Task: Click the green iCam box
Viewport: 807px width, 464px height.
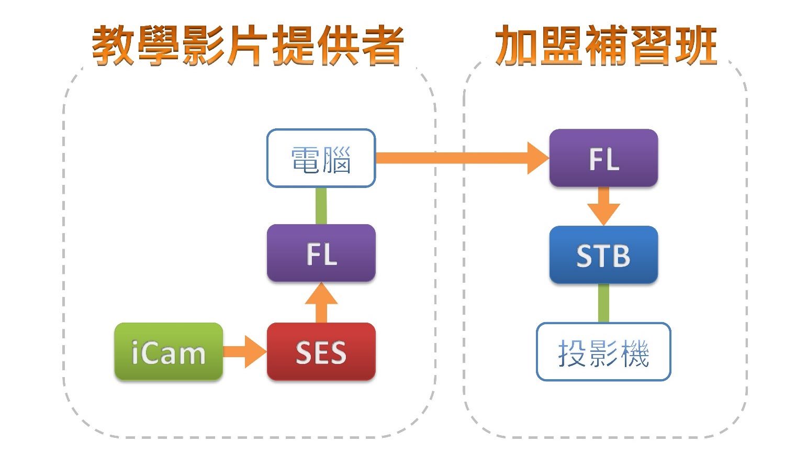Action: pyautogui.click(x=169, y=351)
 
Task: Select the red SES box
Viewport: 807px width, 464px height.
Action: pyautogui.click(x=321, y=351)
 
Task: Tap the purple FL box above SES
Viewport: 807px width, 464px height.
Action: pyautogui.click(x=321, y=253)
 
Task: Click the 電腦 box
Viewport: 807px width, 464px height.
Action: pyautogui.click(x=321, y=158)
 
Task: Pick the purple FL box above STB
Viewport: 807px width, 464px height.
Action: pyautogui.click(x=603, y=158)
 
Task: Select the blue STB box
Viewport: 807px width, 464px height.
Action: pyautogui.click(x=603, y=255)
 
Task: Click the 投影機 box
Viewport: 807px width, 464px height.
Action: pyautogui.click(x=603, y=351)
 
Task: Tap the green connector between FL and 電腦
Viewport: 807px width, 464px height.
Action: pyautogui.click(x=321, y=206)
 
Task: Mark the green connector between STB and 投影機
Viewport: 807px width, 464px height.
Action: pyautogui.click(x=603, y=303)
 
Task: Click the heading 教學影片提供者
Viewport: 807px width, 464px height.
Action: pyautogui.click(x=248, y=46)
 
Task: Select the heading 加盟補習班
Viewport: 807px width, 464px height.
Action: pyautogui.click(x=606, y=46)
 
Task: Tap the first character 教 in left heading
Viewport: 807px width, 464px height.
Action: pyautogui.click(x=113, y=46)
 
